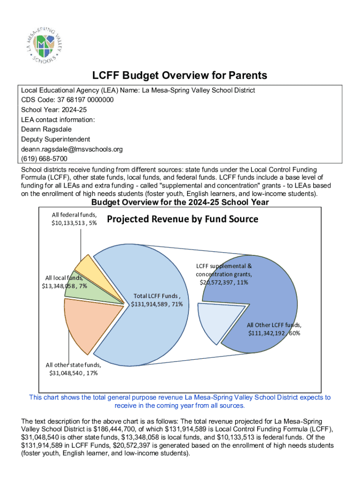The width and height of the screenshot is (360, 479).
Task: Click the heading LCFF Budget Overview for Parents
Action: [180, 75]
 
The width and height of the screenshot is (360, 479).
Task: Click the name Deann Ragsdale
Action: [45, 129]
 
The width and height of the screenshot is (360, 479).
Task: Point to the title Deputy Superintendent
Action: [56, 139]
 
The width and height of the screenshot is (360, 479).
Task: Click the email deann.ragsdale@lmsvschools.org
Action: [72, 149]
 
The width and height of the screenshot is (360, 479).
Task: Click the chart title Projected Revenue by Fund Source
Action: [182, 219]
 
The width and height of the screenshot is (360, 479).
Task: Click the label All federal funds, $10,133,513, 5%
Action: [74, 218]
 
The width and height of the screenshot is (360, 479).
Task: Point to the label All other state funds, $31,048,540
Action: [73, 369]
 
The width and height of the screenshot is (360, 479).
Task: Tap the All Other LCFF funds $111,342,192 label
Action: [274, 329]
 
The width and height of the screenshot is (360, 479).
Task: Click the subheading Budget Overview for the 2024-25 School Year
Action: [180, 202]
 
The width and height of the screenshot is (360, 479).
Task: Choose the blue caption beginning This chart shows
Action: [180, 401]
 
